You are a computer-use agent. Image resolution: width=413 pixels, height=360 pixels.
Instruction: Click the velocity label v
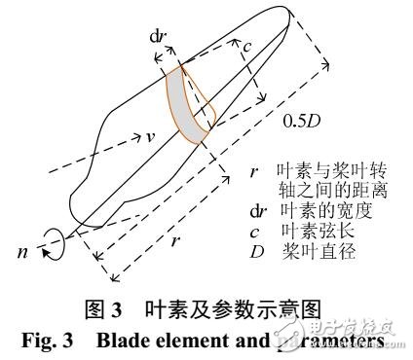click(x=151, y=137)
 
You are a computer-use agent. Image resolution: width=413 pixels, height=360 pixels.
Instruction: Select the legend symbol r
click(x=252, y=171)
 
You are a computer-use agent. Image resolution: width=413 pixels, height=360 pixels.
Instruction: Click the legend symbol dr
click(x=255, y=208)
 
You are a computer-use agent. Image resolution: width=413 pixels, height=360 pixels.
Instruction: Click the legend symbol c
click(x=252, y=227)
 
